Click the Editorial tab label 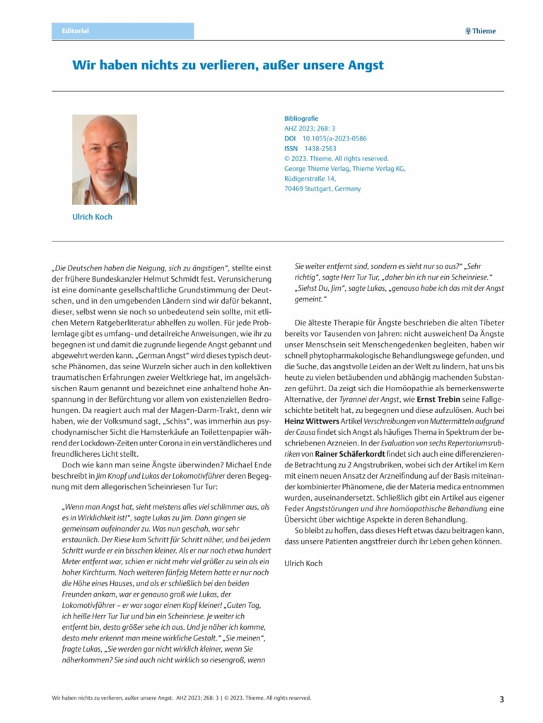pyautogui.click(x=76, y=31)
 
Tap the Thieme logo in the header pyautogui.click(x=481, y=31)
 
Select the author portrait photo pyautogui.click(x=105, y=160)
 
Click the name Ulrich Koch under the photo pyautogui.click(x=92, y=217)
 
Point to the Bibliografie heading pyautogui.click(x=301, y=118)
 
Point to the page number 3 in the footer pyautogui.click(x=502, y=700)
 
